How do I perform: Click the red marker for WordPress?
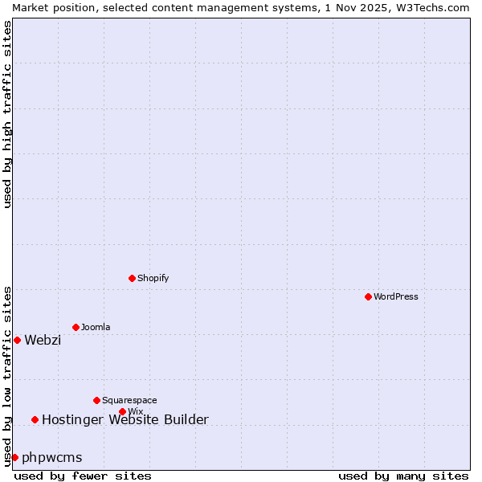pyautogui.click(x=368, y=296)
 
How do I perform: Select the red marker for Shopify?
pyautogui.click(x=132, y=278)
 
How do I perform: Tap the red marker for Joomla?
pyautogui.click(x=76, y=327)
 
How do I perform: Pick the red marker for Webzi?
pyautogui.click(x=17, y=340)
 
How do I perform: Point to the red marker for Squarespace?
pyautogui.click(x=96, y=400)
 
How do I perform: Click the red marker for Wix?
pyautogui.click(x=122, y=411)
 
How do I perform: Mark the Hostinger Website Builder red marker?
pyautogui.click(x=35, y=419)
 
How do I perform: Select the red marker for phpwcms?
pyautogui.click(x=14, y=457)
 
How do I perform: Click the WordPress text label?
pyautogui.click(x=396, y=296)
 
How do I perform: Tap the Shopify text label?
pyautogui.click(x=153, y=278)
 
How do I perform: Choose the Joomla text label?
pyautogui.click(x=96, y=327)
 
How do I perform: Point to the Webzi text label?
pyautogui.click(x=43, y=340)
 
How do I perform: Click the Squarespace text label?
pyautogui.click(x=129, y=400)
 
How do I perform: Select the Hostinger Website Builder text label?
pyautogui.click(x=125, y=419)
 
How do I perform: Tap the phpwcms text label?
pyautogui.click(x=52, y=457)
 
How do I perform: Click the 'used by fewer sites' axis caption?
pyautogui.click(x=83, y=476)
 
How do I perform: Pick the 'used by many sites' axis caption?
pyautogui.click(x=403, y=476)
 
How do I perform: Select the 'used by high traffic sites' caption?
pyautogui.click(x=7, y=114)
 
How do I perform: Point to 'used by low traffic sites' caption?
pyautogui.click(x=7, y=375)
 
